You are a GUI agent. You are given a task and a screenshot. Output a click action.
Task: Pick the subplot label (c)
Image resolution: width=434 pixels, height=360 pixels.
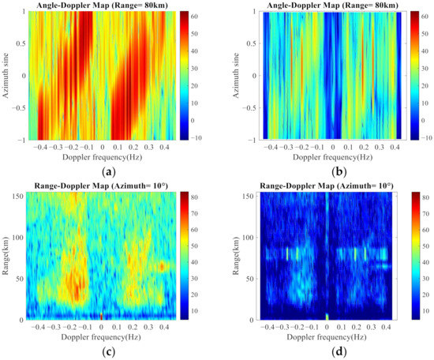pos(108,351)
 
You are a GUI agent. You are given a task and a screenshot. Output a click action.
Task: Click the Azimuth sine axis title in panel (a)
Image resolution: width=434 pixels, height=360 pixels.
pos(6,75)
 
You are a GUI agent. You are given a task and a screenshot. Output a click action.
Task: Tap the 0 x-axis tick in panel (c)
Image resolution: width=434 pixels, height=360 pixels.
pos(101,326)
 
